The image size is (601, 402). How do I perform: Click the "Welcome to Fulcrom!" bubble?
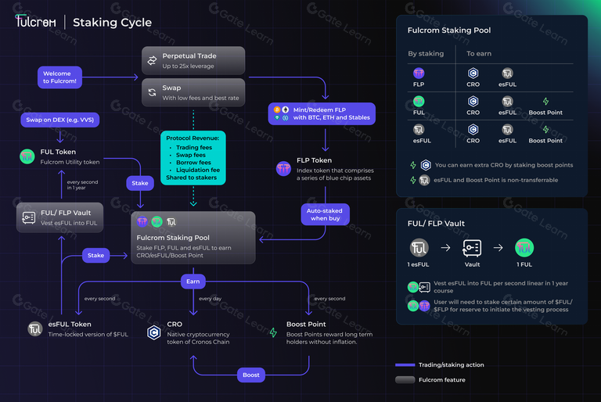[59, 77]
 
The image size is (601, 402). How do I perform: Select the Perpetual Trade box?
[193, 60]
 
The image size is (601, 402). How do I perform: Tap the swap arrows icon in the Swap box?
[152, 92]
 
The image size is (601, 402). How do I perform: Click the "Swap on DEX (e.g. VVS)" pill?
[60, 120]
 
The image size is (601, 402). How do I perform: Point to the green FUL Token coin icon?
[27, 156]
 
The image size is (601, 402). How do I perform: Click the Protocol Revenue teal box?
[193, 158]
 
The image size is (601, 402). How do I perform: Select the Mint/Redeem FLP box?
[322, 114]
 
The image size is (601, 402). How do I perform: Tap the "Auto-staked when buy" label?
[325, 214]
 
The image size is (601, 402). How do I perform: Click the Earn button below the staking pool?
[193, 282]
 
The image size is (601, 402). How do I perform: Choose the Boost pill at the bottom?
[251, 375]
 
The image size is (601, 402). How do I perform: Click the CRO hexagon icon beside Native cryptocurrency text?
[154, 332]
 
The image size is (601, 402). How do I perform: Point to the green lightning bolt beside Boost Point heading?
[273, 332]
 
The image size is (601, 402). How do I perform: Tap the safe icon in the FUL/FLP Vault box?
[29, 217]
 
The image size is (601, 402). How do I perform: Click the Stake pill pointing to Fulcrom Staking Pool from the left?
[95, 256]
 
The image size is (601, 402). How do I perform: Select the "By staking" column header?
[426, 54]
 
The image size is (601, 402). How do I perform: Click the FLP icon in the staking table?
[419, 74]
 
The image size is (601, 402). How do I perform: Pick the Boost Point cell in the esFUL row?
[545, 135]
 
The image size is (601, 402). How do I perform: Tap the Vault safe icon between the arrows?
[472, 248]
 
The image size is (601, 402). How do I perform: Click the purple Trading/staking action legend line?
[405, 364]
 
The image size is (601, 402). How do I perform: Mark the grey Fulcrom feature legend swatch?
[405, 380]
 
